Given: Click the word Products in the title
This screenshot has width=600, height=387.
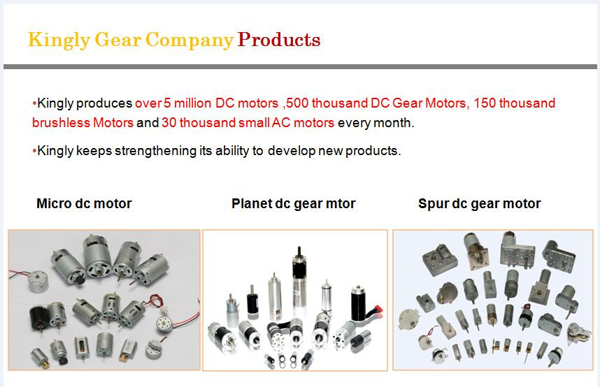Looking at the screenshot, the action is pos(279,39).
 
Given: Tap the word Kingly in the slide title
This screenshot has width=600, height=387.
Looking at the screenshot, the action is pos(59,41).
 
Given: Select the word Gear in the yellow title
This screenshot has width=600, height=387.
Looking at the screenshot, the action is pos(118,39).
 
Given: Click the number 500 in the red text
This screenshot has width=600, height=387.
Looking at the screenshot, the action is pos(297,103).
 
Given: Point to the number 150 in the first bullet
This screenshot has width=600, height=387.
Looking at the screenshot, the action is pos(485,103).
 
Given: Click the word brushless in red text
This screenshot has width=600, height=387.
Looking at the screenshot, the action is pos(61,123).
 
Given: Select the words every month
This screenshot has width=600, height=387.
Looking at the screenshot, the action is pos(376,123).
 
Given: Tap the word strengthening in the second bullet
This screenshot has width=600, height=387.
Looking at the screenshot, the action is pos(155,151).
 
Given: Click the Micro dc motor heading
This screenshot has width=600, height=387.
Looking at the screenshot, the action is pos(84,203).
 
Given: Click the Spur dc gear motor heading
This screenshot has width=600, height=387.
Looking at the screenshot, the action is pos(480,204).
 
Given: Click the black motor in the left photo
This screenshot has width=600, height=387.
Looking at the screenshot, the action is pos(39,318).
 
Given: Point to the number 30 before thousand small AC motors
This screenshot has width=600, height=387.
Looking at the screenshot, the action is pos(169,123).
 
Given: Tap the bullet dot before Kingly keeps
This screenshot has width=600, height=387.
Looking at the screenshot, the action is pos(34,151).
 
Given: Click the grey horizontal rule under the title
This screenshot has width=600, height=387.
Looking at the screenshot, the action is pos(300,67).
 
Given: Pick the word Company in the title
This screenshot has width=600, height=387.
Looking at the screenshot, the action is pos(190,41).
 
